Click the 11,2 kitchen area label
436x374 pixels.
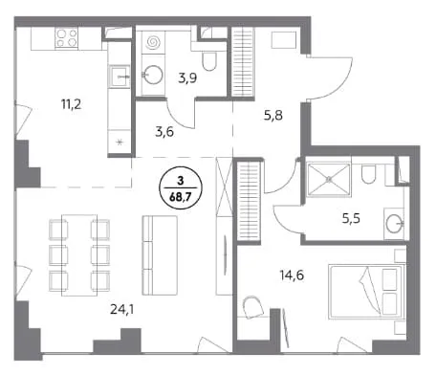click(x=71, y=104)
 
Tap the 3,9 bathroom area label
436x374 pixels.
click(x=187, y=77)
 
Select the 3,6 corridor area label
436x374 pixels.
click(x=164, y=131)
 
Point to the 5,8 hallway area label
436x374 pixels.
click(x=273, y=115)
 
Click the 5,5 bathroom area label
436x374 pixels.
click(x=351, y=219)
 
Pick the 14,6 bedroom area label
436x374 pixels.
click(x=292, y=275)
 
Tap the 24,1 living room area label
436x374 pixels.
click(x=121, y=309)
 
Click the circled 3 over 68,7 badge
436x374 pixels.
click(x=181, y=189)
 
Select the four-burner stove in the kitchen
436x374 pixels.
click(x=67, y=38)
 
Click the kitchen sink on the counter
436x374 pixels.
click(x=120, y=77)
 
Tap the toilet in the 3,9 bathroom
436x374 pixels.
click(x=209, y=61)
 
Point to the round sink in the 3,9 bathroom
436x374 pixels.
click(x=152, y=75)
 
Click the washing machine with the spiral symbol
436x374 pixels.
click(x=153, y=42)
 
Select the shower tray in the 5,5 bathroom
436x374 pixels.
click(x=328, y=179)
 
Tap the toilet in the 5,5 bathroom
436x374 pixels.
click(x=368, y=174)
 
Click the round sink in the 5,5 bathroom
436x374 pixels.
click(x=394, y=223)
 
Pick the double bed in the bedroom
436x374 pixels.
click(x=366, y=292)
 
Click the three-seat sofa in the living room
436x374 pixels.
click(x=160, y=255)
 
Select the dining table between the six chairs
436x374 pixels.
click(x=79, y=255)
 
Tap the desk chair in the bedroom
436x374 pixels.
click(x=253, y=308)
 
